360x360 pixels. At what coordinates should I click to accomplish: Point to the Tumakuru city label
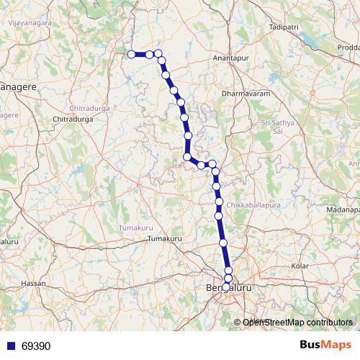click(161, 238)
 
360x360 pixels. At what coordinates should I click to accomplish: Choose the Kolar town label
click(300, 266)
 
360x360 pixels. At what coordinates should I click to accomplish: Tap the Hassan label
click(33, 283)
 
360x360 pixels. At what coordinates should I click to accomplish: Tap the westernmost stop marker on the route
click(131, 54)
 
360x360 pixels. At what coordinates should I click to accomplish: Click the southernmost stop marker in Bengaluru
click(226, 286)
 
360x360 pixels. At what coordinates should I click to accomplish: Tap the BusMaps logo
click(324, 345)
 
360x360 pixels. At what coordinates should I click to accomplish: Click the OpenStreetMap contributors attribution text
click(297, 322)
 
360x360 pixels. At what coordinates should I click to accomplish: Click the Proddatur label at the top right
click(346, 47)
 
